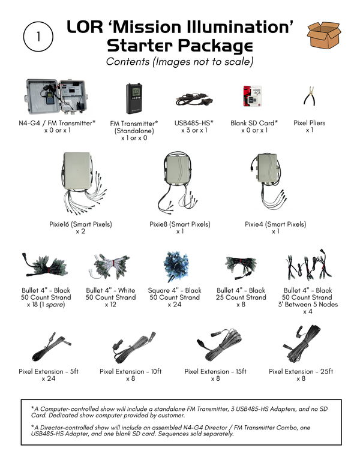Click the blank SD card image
tap(253, 96)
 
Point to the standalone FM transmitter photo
tap(137, 98)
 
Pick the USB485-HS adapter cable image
tap(194, 98)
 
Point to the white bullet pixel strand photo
tap(110, 266)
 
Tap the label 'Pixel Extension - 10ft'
tap(131, 371)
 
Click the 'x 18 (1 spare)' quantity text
tap(46, 305)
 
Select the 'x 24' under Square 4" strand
tap(174, 305)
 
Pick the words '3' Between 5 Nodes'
tap(307, 305)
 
